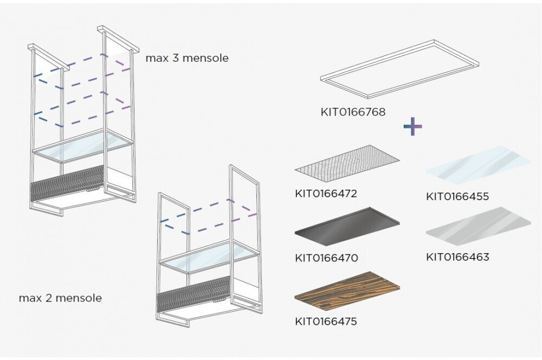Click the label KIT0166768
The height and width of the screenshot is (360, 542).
tap(353, 113)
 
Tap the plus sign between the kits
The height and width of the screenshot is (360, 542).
tap(412, 126)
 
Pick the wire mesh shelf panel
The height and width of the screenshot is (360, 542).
tap(347, 163)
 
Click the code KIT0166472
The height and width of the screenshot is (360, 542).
tap(326, 194)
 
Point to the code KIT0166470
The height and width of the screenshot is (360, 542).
tap(326, 258)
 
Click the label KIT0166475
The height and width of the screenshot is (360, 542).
tap(326, 322)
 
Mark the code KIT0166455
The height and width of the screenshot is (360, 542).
tap(457, 196)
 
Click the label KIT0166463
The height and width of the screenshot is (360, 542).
tap(457, 256)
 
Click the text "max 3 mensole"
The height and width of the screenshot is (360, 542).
tap(186, 58)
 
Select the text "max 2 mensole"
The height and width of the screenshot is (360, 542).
tap(60, 298)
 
